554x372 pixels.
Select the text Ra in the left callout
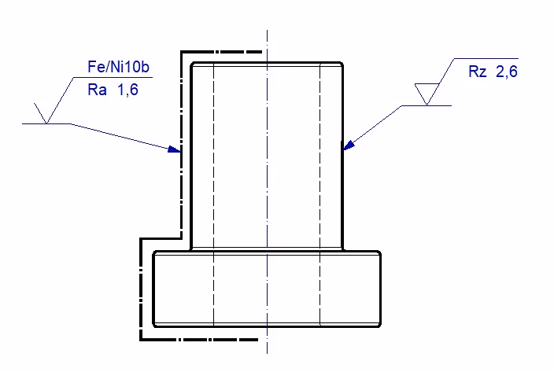(98, 90)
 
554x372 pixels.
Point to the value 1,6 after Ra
(127, 90)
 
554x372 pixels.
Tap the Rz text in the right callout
(478, 72)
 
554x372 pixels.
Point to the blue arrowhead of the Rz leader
(349, 145)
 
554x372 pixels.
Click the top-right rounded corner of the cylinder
(342, 64)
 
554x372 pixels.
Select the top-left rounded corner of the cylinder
(194, 64)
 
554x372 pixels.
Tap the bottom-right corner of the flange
(380, 325)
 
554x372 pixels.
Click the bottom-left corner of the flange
(154, 325)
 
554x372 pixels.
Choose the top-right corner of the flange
(380, 252)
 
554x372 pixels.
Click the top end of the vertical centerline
(268, 31)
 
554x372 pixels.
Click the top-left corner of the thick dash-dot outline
(182, 53)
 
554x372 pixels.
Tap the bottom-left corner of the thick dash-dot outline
(141, 340)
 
